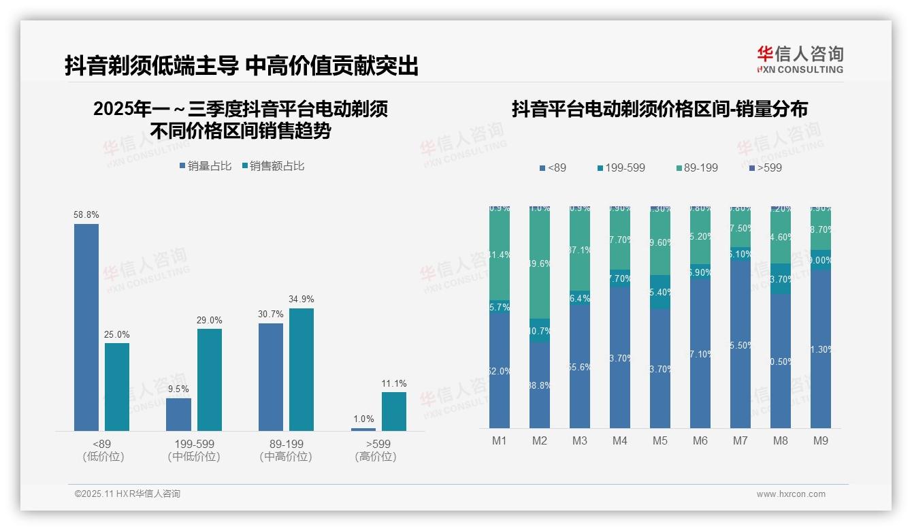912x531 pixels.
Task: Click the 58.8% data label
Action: click(86, 214)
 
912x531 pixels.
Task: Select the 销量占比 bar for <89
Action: click(86, 327)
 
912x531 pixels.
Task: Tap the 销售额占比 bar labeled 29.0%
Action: click(210, 379)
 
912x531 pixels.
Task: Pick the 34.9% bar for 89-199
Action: click(302, 369)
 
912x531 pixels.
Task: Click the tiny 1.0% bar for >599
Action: click(363, 429)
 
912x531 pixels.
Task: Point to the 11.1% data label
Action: click(394, 383)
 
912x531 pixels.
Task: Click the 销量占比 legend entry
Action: click(206, 165)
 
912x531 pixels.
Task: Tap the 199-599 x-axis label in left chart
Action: click(194, 445)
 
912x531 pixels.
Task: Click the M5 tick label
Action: click(660, 440)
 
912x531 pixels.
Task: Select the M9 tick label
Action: click(821, 440)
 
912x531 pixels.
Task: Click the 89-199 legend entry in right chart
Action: click(697, 167)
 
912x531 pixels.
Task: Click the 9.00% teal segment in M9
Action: click(821, 260)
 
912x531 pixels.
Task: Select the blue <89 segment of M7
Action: click(740, 344)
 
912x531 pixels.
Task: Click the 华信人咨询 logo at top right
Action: click(800, 59)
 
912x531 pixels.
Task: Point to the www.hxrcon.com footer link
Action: click(791, 494)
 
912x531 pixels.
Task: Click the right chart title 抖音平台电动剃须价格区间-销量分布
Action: click(659, 109)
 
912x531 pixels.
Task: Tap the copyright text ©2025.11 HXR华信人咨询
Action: click(127, 494)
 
